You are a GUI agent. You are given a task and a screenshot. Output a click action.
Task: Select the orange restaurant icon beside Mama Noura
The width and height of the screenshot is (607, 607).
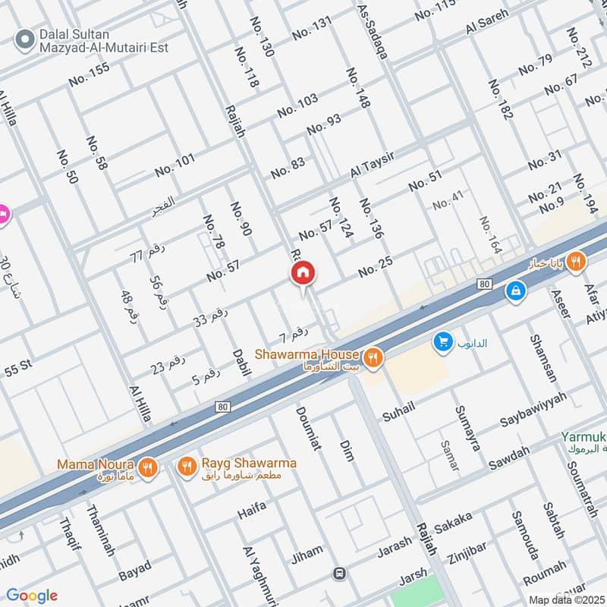[x=148, y=467]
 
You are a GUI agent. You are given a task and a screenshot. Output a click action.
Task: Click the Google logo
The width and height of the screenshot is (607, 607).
[x=32, y=596]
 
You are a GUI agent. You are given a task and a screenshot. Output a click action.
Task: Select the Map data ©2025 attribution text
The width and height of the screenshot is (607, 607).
[x=562, y=599]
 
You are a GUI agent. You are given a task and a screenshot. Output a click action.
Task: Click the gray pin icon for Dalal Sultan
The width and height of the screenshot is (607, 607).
[x=25, y=36]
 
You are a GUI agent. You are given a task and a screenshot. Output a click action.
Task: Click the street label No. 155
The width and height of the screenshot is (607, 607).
[x=89, y=74]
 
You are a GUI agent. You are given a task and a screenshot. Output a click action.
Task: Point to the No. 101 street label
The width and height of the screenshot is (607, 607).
[x=175, y=165]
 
